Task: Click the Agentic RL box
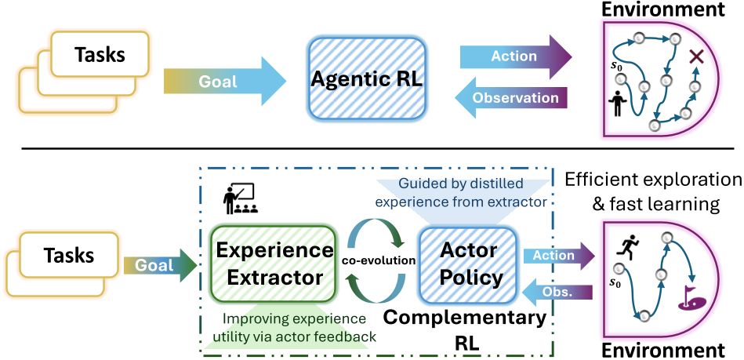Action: pos(368,79)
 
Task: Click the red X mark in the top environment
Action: pos(695,56)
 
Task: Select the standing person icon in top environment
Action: pos(618,104)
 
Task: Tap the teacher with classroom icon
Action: pos(238,199)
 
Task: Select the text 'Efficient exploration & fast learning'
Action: pos(653,193)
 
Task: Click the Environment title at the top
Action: pos(670,10)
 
